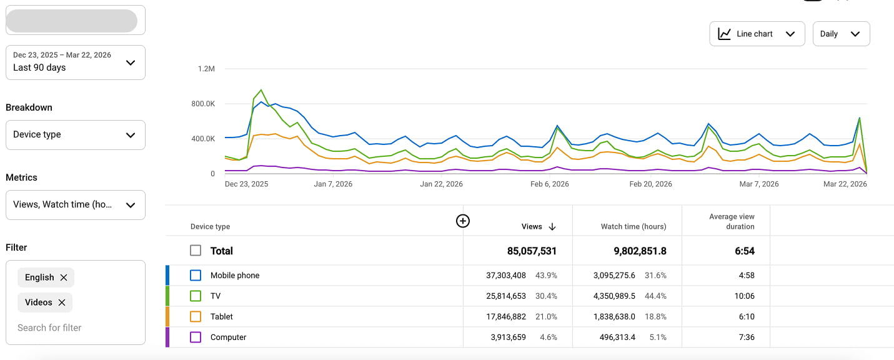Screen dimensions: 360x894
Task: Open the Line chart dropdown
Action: [x=757, y=34]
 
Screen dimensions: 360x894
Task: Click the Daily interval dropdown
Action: [x=841, y=34]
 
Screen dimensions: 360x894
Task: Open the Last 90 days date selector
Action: [x=75, y=62]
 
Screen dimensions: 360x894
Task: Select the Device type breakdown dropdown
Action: [x=75, y=134]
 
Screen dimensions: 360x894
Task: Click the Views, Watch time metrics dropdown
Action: [x=75, y=204]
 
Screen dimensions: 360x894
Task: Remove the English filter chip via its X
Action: [x=64, y=277]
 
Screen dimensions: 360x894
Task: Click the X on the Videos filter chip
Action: [x=62, y=302]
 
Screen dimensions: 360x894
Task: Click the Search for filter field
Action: [x=50, y=327]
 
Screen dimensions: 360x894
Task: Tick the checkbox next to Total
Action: [x=196, y=251]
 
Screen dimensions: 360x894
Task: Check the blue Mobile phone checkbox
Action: [x=196, y=275]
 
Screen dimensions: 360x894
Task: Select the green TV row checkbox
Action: [x=196, y=296]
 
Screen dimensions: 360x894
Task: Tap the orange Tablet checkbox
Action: [x=196, y=316]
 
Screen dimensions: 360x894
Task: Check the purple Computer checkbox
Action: [x=196, y=337]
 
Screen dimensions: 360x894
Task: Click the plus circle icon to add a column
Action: [x=462, y=221]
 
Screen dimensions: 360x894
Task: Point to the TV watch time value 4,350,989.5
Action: [x=613, y=296]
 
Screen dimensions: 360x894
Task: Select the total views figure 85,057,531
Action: [x=532, y=251]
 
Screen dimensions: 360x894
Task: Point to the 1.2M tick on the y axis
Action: [x=206, y=69]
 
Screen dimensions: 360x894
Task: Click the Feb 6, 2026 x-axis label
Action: [x=550, y=184]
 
